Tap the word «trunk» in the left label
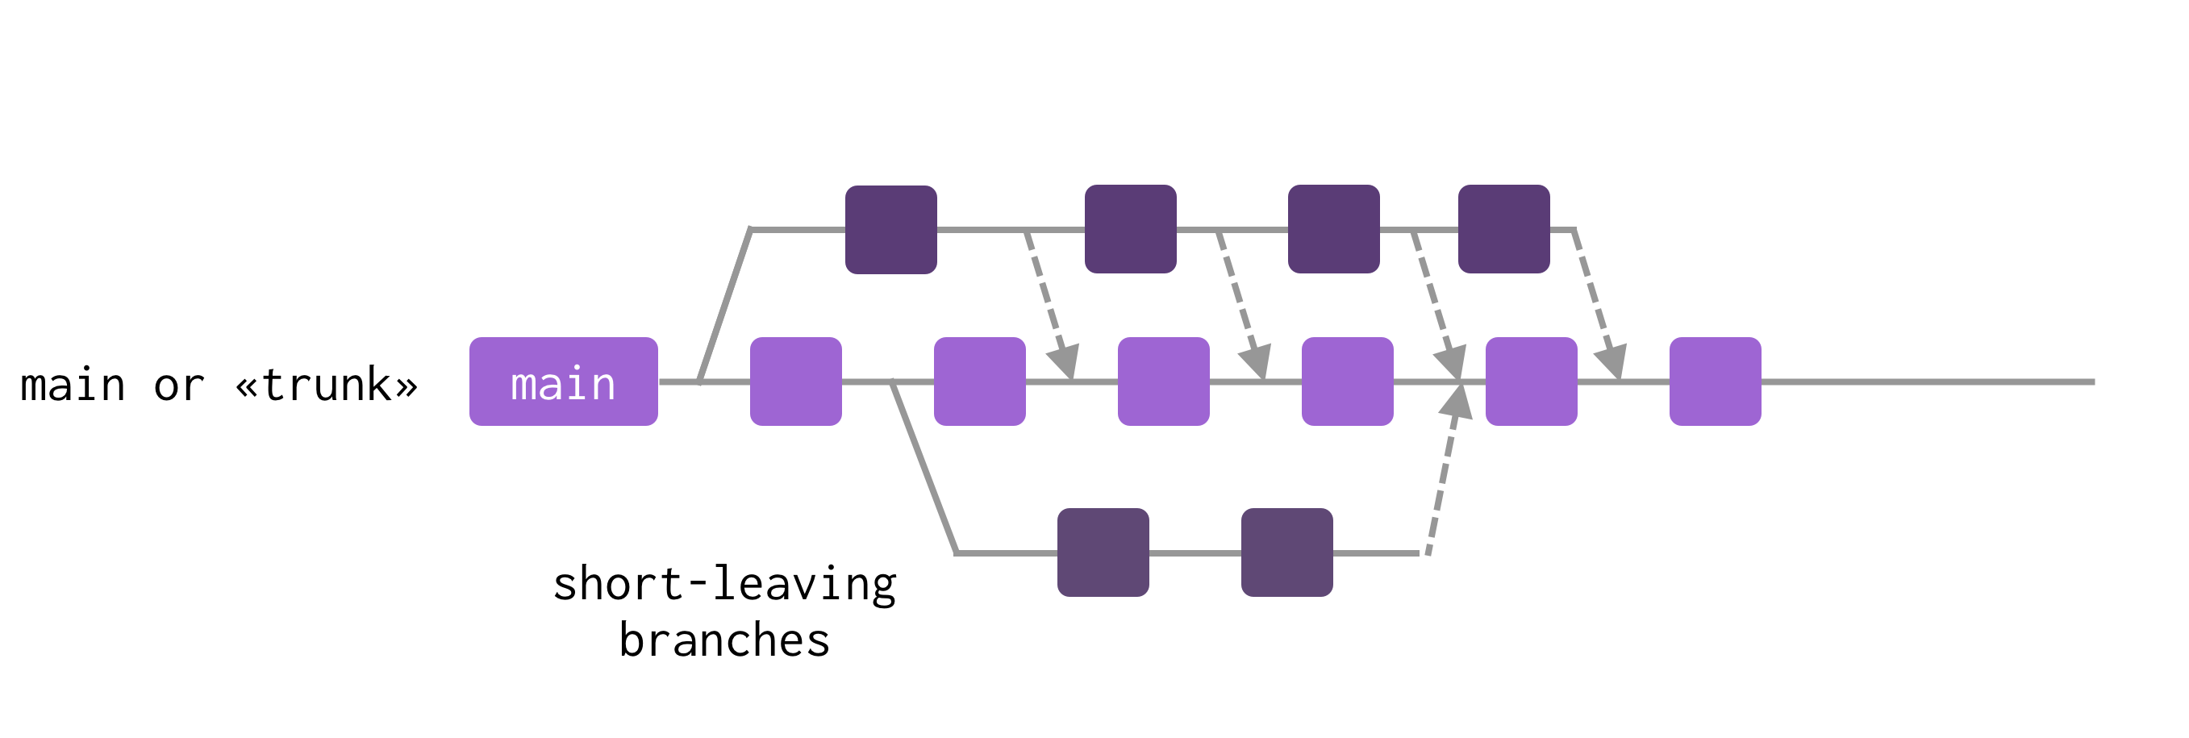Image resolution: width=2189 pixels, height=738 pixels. click(x=327, y=386)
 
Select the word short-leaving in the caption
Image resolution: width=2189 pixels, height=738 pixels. click(x=724, y=585)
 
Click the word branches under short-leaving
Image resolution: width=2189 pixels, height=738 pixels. click(x=724, y=640)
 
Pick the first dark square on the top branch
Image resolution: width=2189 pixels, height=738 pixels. click(x=890, y=230)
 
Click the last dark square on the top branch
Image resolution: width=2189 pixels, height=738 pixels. click(x=1503, y=230)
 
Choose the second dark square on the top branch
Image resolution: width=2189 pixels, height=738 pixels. click(x=1130, y=230)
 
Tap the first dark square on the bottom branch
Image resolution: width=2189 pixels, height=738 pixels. click(x=1103, y=552)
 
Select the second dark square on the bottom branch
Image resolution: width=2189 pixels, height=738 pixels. click(x=1286, y=552)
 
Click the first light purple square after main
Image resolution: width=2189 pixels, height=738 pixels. click(x=795, y=382)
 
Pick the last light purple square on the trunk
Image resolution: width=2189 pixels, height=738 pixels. click(x=1715, y=382)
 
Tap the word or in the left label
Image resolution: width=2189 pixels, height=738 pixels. click(x=178, y=386)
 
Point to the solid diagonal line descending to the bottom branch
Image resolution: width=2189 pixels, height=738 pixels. click(x=924, y=468)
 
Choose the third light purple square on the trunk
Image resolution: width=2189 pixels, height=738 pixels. click(x=1163, y=382)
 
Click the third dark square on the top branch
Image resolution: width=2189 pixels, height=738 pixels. click(x=1333, y=230)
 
